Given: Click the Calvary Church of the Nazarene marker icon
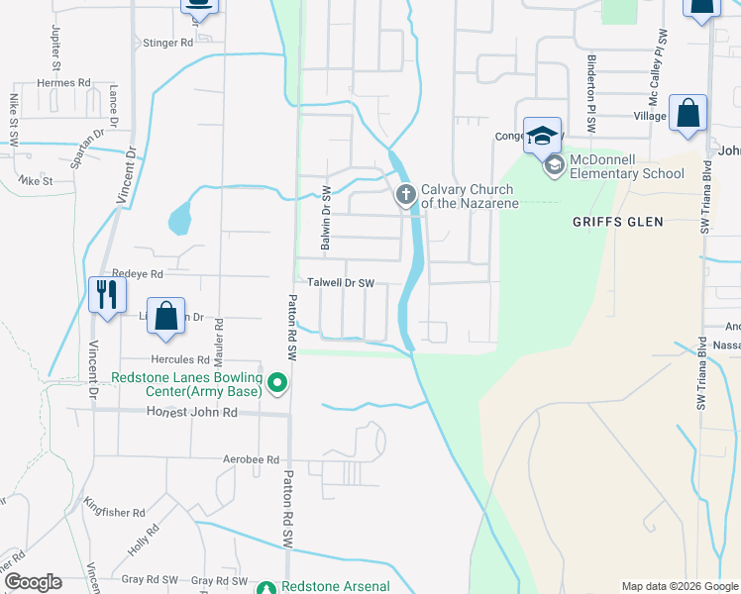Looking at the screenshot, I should click(405, 195).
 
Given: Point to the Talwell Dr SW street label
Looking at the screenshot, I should click(340, 283).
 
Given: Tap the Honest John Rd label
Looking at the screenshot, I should click(192, 413).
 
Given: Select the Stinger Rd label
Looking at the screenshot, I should click(168, 44).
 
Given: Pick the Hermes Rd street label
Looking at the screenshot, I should click(63, 83).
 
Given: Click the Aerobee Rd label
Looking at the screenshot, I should click(252, 460).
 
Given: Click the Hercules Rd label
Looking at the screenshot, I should click(180, 359).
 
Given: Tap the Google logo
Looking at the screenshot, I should click(33, 582).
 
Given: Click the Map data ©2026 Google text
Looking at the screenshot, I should click(679, 586).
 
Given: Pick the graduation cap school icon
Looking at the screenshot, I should click(542, 136).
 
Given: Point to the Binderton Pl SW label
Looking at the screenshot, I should click(591, 103).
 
